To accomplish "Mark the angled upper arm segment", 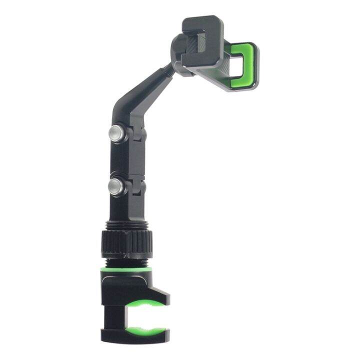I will pos(140,95).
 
